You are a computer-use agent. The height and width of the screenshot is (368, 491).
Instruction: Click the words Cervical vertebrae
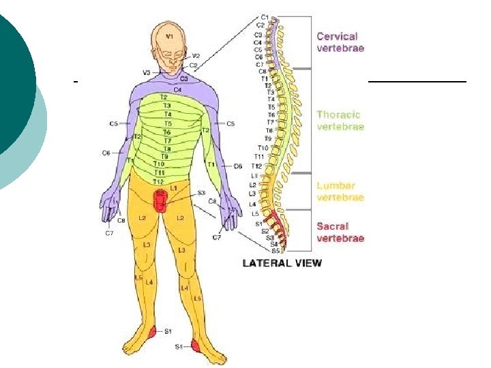[x=340, y=42]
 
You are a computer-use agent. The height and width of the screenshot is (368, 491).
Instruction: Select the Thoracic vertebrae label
[x=340, y=121]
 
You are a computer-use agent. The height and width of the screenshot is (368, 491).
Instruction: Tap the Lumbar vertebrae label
[x=340, y=191]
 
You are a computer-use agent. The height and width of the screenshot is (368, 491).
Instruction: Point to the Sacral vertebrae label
[x=340, y=232]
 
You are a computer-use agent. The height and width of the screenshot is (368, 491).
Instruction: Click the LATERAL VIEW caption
[x=282, y=263]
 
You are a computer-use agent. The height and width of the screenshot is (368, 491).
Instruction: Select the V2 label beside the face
[x=196, y=56]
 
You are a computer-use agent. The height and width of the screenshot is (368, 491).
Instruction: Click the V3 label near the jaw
[x=146, y=72]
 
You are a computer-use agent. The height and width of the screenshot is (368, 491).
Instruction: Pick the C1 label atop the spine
[x=264, y=17]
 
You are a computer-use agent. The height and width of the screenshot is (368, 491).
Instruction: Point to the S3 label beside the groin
[x=201, y=193]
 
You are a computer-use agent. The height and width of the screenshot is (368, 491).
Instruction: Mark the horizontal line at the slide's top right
[x=417, y=81]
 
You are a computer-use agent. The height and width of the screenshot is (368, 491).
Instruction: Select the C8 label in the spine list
[x=263, y=71]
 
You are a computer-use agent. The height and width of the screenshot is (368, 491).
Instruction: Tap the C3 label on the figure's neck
[x=184, y=78]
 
